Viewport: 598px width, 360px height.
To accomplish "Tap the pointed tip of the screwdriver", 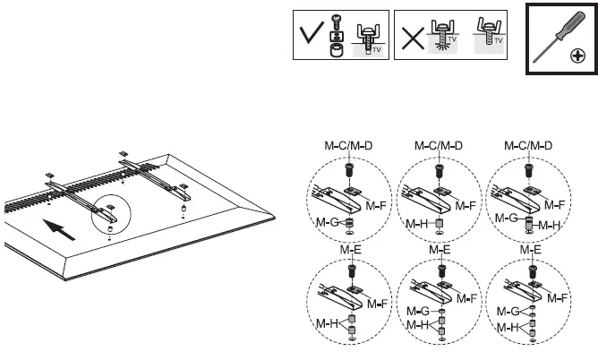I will pyautogui.click(x=535, y=59).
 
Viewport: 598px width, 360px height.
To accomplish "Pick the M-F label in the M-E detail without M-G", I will pyautogui.click(x=376, y=305).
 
